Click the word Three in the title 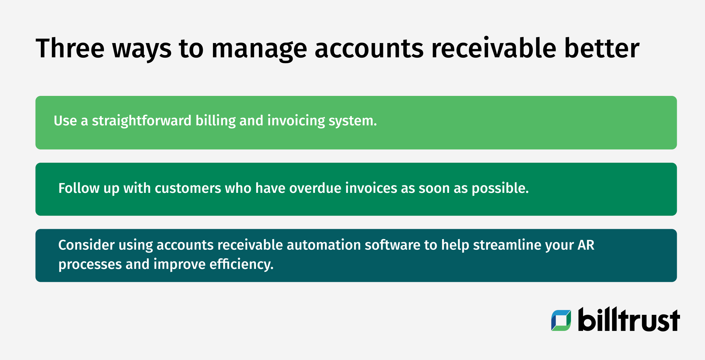[70, 48]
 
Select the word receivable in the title [493, 48]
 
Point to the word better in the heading [602, 48]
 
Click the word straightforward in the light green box [142, 121]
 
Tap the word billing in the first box [216, 121]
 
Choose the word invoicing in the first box [296, 121]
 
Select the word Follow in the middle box [79, 188]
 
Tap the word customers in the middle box [188, 188]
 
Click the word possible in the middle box [500, 188]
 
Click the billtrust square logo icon [561, 320]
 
